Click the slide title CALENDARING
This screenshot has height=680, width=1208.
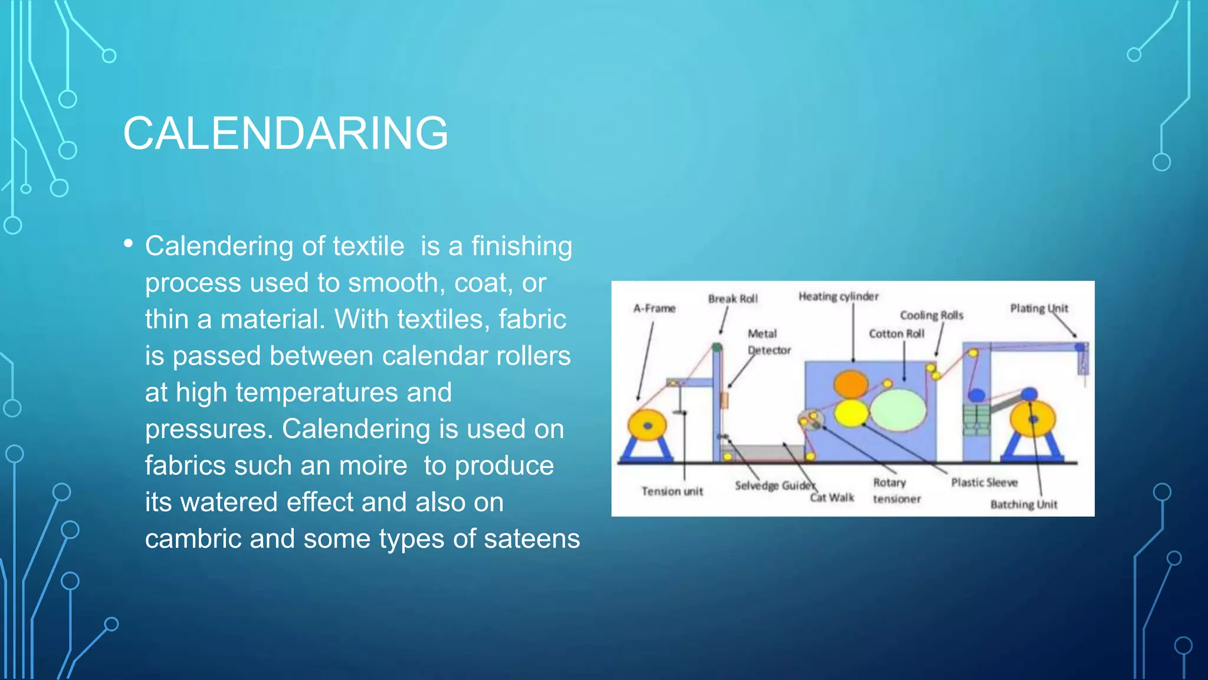click(285, 133)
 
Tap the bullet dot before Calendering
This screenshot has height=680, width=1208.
click(129, 243)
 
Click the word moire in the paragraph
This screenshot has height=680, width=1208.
click(373, 466)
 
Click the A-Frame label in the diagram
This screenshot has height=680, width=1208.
click(654, 308)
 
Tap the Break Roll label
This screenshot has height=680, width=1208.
click(733, 299)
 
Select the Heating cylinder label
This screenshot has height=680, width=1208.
click(838, 296)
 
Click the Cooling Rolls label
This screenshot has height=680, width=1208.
click(931, 315)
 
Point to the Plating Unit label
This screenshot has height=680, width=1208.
click(1039, 308)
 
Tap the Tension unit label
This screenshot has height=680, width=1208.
click(672, 491)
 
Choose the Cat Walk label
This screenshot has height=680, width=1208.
click(832, 498)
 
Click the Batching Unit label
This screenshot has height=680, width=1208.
click(1023, 504)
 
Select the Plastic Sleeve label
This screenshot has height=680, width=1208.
click(984, 482)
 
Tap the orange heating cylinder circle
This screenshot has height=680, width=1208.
click(850, 384)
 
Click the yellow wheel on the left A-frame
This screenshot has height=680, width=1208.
click(647, 425)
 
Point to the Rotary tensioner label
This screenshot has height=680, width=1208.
click(896, 491)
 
